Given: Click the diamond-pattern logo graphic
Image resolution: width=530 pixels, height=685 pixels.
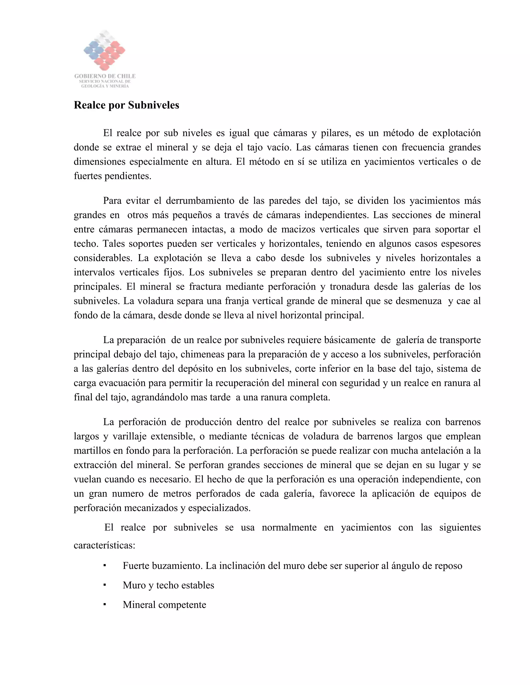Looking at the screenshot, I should pos(105,50).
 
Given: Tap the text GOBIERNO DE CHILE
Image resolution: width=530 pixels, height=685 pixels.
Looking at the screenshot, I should pos(105,76).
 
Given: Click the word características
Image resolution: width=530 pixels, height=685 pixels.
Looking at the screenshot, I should pos(104,545).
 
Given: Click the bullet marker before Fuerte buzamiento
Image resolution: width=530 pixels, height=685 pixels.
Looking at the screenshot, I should pos(105,566).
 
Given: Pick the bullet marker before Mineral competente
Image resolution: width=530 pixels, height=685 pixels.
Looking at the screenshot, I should pos(105,604).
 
